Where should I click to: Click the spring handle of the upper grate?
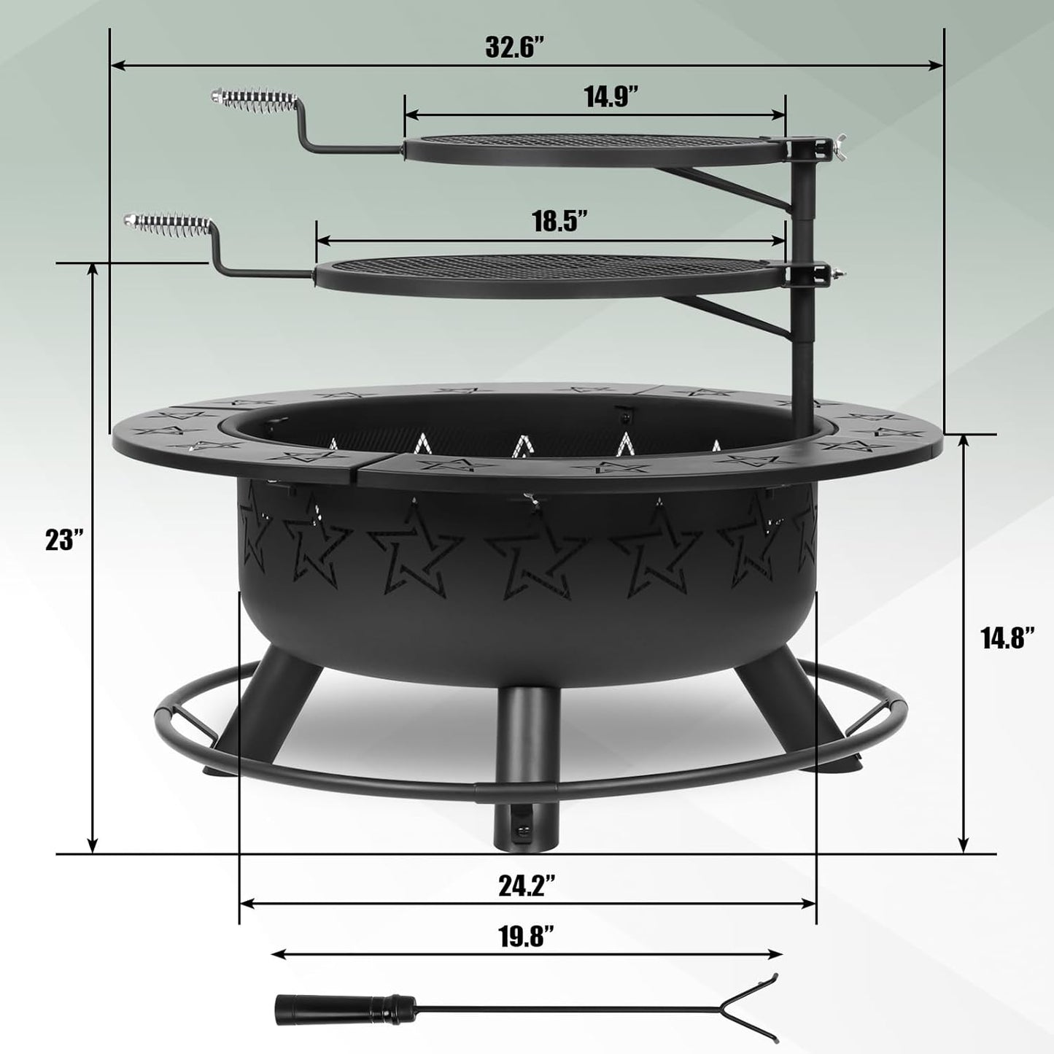point(252,98)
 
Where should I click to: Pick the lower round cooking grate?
point(547,274)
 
